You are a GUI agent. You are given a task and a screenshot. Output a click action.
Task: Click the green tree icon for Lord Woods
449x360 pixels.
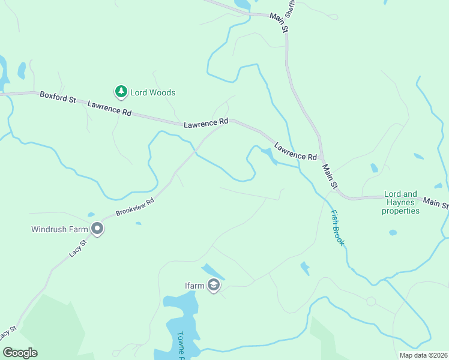click(121, 92)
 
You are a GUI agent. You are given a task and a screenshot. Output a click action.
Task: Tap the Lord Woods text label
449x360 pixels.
click(154, 92)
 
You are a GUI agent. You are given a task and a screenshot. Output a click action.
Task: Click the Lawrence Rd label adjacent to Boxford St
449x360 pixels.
click(109, 109)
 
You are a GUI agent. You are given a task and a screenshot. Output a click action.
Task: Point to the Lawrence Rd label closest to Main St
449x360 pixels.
click(295, 151)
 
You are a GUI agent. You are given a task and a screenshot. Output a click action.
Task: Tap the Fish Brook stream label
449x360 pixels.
click(337, 227)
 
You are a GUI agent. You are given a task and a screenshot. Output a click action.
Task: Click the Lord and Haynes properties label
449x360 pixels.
click(401, 202)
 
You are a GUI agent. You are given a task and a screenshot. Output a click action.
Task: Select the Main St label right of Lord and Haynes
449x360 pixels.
click(436, 203)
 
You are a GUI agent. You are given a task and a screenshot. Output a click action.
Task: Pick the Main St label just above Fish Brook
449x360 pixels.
click(330, 178)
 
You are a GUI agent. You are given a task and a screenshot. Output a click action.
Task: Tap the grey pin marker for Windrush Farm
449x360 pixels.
click(97, 229)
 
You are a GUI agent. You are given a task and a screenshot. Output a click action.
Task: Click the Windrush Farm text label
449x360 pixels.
click(60, 229)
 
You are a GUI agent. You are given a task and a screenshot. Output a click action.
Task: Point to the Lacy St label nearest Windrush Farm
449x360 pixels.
click(77, 247)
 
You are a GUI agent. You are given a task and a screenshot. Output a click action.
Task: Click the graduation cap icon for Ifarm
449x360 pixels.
click(212, 285)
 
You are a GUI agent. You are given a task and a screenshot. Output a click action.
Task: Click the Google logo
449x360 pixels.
click(20, 353)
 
